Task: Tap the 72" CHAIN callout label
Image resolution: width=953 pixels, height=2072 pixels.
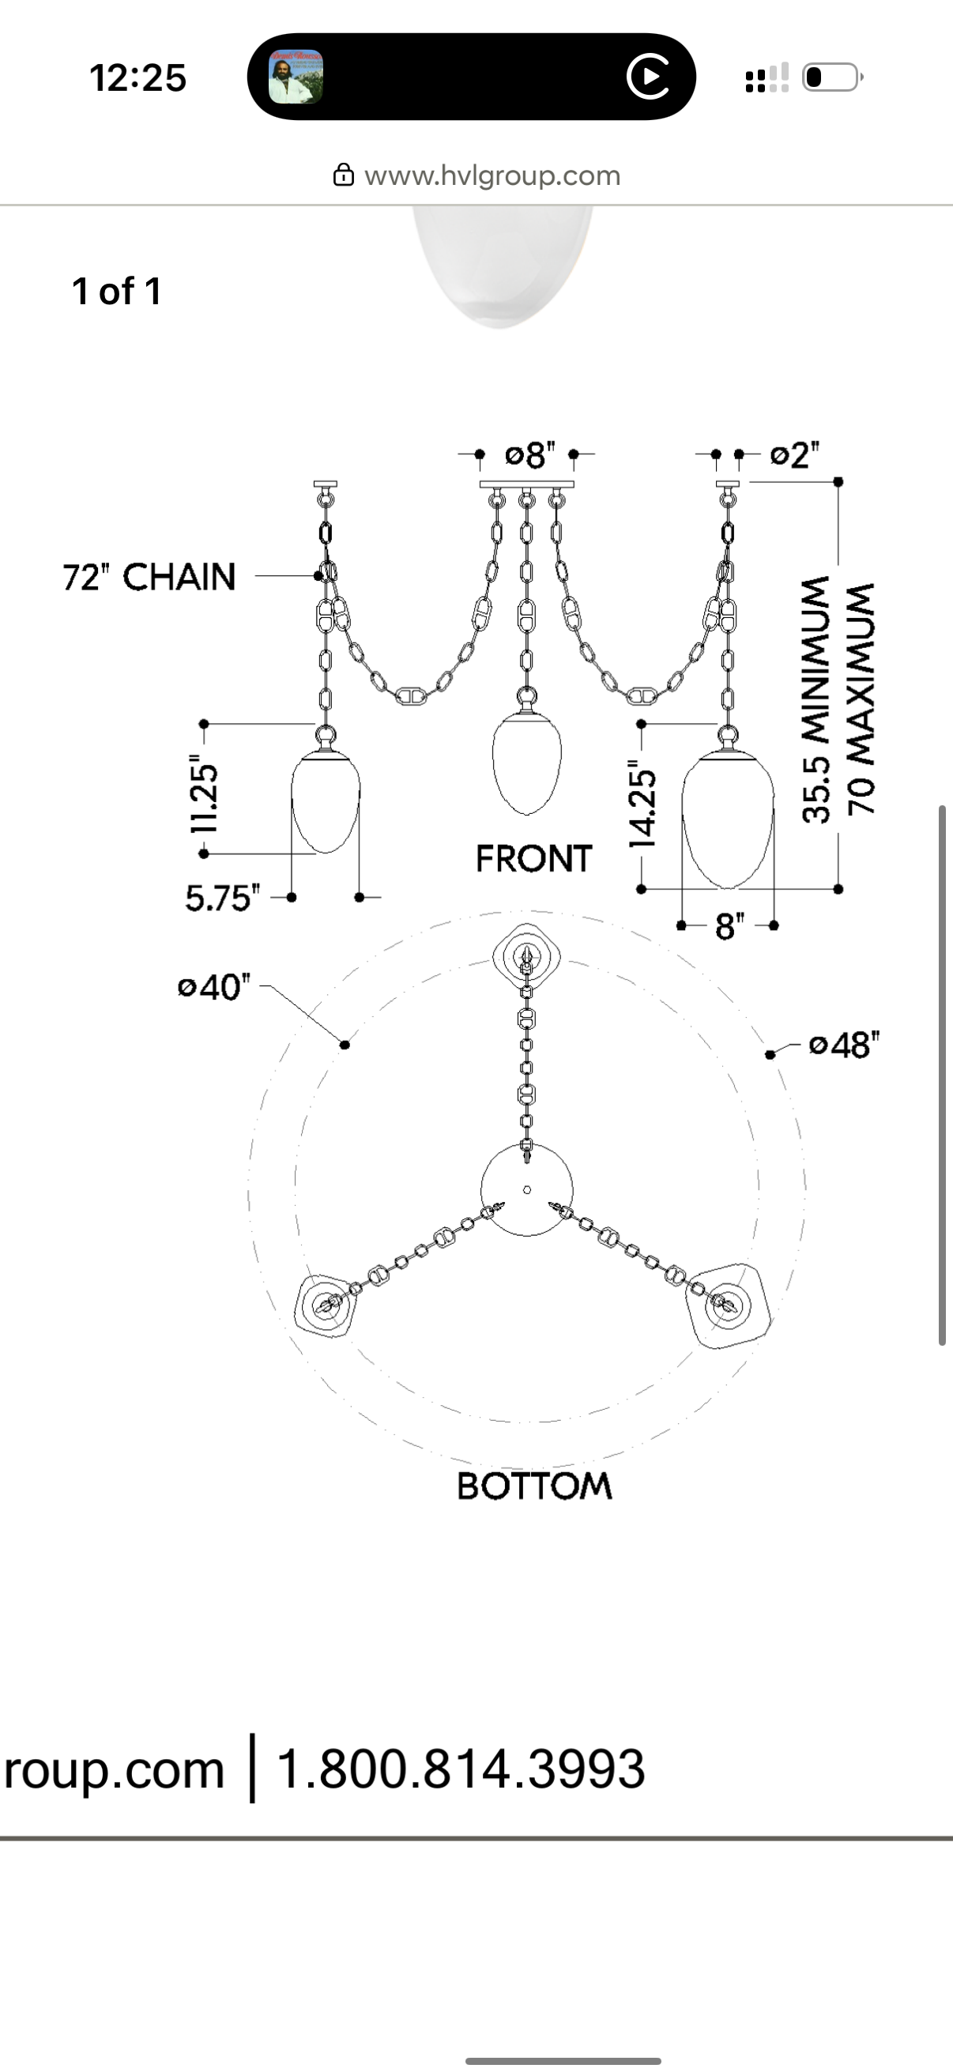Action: coord(149,577)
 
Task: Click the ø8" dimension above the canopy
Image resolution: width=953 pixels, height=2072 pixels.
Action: coord(530,455)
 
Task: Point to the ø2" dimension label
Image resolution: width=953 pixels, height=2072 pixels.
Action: coord(795,455)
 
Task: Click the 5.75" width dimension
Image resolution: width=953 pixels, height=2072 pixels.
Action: coord(223,898)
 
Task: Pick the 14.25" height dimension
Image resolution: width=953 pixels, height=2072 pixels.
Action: coord(642,806)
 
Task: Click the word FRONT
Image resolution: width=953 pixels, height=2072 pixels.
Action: coord(534,858)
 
